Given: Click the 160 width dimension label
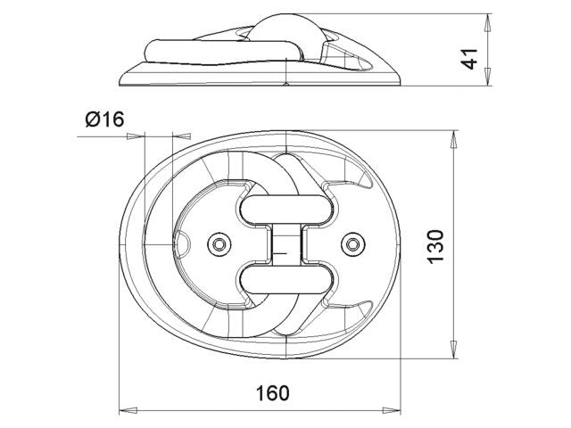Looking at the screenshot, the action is click(272, 393).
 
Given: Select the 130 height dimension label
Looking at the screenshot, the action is click(435, 247).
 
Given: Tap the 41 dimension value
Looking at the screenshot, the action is click(470, 59).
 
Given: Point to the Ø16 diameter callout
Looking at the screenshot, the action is click(104, 119).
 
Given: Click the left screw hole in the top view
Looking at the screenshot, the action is click(219, 244).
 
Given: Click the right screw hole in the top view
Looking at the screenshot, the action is click(353, 244).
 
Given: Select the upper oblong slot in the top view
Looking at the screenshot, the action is click(285, 210).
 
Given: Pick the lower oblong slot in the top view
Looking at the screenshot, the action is click(285, 279).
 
